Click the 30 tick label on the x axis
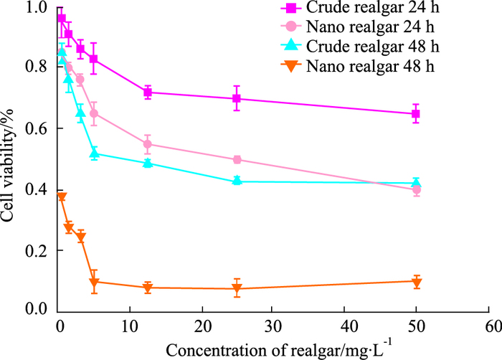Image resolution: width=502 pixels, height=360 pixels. tap(273, 326)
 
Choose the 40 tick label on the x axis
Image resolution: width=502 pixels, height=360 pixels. tap(345, 326)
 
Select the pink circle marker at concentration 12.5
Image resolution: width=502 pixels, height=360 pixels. tap(148, 144)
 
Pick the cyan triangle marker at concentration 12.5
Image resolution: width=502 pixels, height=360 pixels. tap(148, 163)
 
